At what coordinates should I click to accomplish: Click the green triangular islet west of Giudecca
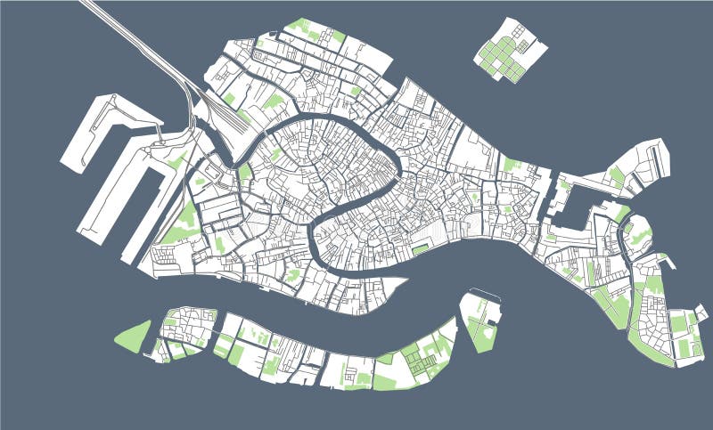134,337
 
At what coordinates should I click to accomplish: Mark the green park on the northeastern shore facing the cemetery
511,165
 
